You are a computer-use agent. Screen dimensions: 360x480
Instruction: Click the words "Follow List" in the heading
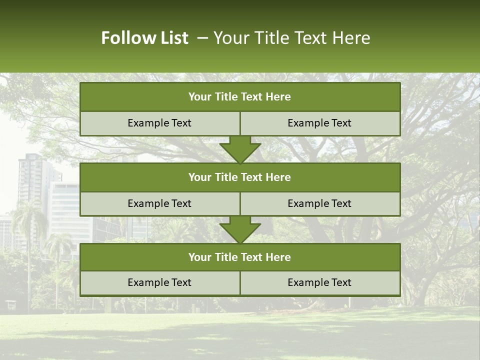coord(144,38)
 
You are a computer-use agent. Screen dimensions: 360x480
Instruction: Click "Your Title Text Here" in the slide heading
coord(291,38)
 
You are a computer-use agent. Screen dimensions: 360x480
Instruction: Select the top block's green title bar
coord(240,97)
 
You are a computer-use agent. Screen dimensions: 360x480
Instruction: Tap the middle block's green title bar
coord(240,177)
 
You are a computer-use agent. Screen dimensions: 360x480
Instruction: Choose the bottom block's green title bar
coord(240,257)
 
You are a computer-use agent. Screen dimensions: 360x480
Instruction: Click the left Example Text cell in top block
coord(159,123)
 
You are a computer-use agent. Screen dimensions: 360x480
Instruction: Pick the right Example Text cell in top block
coord(320,123)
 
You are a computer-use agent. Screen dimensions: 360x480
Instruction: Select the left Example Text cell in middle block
coord(159,203)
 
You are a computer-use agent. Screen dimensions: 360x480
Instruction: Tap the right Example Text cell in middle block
coord(320,203)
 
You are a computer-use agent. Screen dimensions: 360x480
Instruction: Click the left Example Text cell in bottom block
coord(159,282)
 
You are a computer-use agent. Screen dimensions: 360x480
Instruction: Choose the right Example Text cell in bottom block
coord(320,282)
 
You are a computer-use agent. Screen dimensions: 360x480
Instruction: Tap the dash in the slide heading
coord(202,38)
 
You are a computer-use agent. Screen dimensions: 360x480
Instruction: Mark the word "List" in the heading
coord(174,38)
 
